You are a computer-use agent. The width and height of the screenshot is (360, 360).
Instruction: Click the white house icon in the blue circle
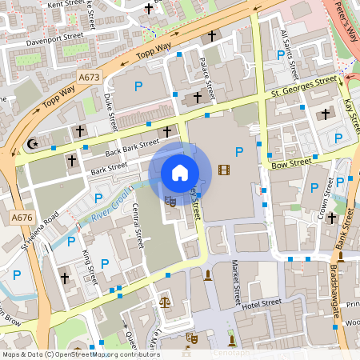180,172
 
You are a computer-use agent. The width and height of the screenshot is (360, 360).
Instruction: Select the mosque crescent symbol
34,144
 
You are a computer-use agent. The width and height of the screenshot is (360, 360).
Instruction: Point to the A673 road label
89,78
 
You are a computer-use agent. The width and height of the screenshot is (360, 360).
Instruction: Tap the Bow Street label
290,162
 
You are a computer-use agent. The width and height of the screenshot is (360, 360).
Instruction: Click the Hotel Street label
261,303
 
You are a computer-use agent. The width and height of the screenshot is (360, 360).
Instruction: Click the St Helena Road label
41,230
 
